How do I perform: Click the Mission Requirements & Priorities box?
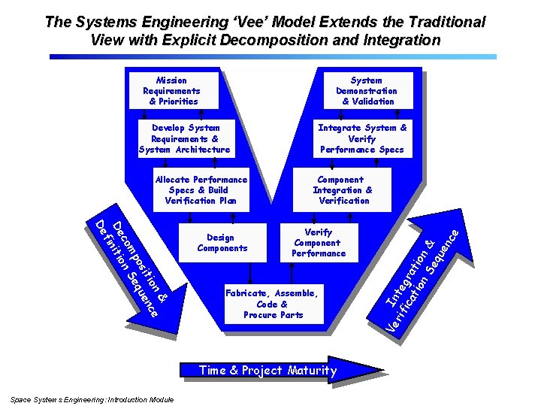click(171, 90)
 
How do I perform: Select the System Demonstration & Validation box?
click(367, 90)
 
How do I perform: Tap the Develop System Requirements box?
click(185, 138)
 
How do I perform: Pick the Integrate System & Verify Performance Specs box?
click(362, 138)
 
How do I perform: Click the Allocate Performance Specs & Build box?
click(201, 189)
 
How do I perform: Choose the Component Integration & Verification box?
click(343, 189)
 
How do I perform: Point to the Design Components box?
click(222, 242)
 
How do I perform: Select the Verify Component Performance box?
click(319, 242)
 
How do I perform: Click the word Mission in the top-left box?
click(171, 80)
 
